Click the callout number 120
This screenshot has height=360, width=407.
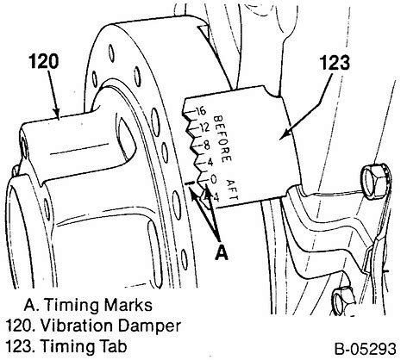tap(44, 62)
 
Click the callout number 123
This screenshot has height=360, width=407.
tap(335, 63)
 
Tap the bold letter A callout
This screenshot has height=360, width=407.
tap(222, 251)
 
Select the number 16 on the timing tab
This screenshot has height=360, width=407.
tap(201, 111)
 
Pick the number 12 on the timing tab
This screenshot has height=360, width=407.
tap(204, 127)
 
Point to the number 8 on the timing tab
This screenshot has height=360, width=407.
tap(207, 146)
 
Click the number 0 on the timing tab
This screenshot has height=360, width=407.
tap(213, 179)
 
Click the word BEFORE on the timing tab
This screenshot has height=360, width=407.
tap(222, 139)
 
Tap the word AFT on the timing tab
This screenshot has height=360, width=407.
tap(233, 189)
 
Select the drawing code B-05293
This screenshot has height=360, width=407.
tap(366, 349)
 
